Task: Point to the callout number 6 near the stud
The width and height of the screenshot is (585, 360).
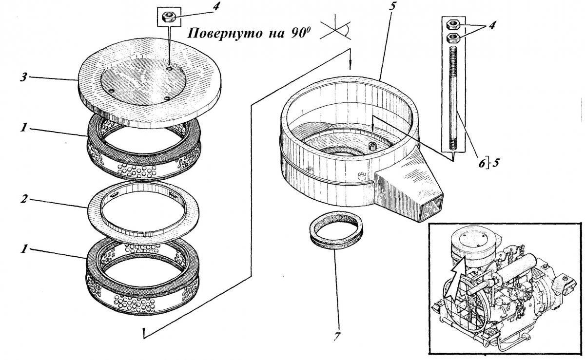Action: click(x=483, y=164)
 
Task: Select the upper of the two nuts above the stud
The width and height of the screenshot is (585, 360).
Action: click(x=452, y=23)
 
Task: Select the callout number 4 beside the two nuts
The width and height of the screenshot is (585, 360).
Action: click(x=493, y=27)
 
